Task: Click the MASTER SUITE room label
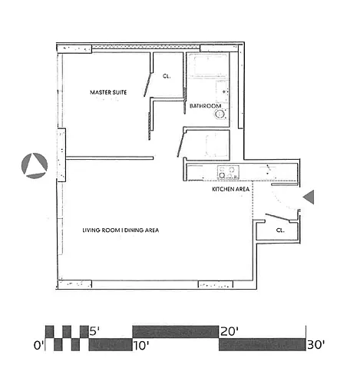(108, 92)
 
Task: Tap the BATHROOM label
(205, 106)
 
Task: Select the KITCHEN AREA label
(230, 189)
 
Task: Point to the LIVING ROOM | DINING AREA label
(121, 230)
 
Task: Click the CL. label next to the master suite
(167, 76)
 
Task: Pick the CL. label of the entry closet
(280, 230)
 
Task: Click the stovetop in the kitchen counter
(228, 172)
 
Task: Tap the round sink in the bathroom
(220, 114)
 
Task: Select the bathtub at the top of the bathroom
(207, 65)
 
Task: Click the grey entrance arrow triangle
(309, 197)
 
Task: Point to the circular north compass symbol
(35, 166)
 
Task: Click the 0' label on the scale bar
(38, 346)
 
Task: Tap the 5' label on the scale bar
(94, 332)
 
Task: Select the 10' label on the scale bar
(141, 346)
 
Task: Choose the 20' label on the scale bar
(230, 332)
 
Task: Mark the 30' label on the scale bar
(316, 345)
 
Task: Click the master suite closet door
(147, 85)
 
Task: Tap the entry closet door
(277, 217)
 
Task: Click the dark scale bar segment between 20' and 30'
(263, 344)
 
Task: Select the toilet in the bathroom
(222, 91)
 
